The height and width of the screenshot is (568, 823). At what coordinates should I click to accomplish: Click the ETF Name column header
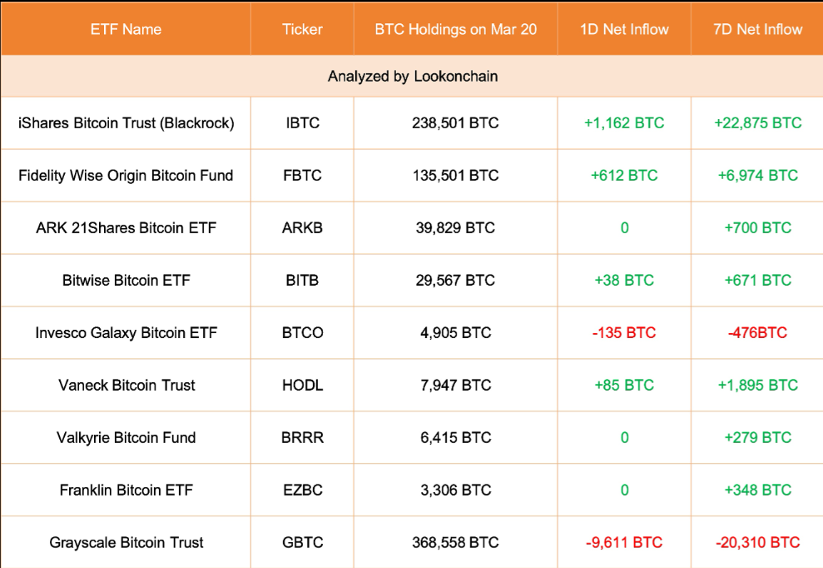coord(126,29)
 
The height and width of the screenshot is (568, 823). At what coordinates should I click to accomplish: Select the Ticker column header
coord(302,29)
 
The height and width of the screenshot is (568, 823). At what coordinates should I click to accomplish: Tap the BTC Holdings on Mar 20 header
coord(455,29)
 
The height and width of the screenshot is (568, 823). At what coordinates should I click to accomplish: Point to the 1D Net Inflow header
coord(624,29)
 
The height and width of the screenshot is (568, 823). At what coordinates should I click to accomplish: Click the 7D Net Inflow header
coord(757,29)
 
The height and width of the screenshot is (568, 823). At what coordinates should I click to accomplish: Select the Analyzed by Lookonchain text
coord(413,77)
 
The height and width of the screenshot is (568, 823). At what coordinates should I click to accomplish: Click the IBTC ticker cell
coord(302,123)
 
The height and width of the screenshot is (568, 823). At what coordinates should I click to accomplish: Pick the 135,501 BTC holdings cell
coord(455,176)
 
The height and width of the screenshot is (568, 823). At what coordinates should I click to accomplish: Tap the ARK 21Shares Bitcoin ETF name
coord(126,228)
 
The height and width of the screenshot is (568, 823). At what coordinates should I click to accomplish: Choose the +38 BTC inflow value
coord(624,281)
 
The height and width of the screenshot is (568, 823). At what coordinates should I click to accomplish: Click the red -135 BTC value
coord(624,333)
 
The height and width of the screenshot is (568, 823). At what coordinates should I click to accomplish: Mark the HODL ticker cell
coord(302,386)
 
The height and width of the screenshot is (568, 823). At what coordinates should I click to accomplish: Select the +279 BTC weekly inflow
coord(757,438)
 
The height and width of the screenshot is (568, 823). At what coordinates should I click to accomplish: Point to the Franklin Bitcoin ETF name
coord(126,491)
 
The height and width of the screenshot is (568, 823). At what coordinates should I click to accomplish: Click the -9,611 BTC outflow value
coord(624,542)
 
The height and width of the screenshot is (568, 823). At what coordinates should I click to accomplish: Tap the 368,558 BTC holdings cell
coord(455,542)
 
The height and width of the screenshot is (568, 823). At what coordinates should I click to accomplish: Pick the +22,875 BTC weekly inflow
coord(757,123)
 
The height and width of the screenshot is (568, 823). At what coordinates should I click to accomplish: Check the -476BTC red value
coord(757,333)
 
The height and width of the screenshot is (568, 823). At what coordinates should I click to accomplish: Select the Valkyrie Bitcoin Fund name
coord(126,438)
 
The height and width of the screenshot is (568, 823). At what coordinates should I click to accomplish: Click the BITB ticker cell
coord(302,281)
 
